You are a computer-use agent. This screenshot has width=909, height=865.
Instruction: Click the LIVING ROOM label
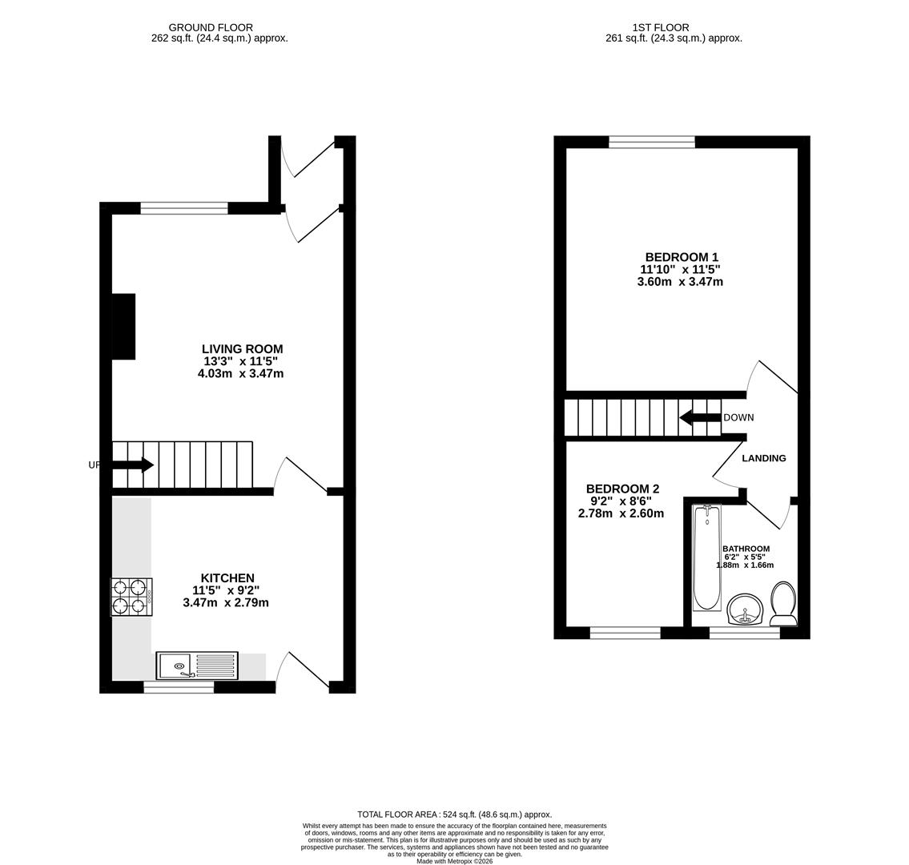(x=242, y=349)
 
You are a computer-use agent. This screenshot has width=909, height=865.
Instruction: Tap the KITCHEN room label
(x=227, y=578)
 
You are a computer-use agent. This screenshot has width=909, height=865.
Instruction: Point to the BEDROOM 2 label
(x=622, y=489)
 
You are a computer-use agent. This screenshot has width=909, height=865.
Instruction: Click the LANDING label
(x=763, y=458)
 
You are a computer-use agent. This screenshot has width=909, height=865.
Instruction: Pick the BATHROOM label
(x=746, y=549)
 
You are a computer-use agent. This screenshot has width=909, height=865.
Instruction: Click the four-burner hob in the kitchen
(x=131, y=597)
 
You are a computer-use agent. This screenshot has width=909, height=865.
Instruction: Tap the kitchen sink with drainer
(x=197, y=666)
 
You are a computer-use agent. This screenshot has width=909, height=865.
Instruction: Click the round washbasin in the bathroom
(x=745, y=610)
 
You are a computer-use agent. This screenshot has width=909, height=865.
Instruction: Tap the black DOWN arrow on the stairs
(x=699, y=417)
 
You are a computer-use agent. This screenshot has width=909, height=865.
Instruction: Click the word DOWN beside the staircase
(x=738, y=418)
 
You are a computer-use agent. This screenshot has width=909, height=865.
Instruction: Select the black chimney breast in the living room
(x=123, y=326)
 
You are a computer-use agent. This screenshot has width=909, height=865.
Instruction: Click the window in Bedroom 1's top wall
(x=652, y=143)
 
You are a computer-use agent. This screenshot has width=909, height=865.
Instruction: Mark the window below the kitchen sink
(x=179, y=687)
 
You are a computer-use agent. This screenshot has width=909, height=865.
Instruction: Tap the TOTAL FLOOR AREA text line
(x=454, y=814)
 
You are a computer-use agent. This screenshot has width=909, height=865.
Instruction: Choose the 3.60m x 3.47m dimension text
(x=679, y=282)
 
